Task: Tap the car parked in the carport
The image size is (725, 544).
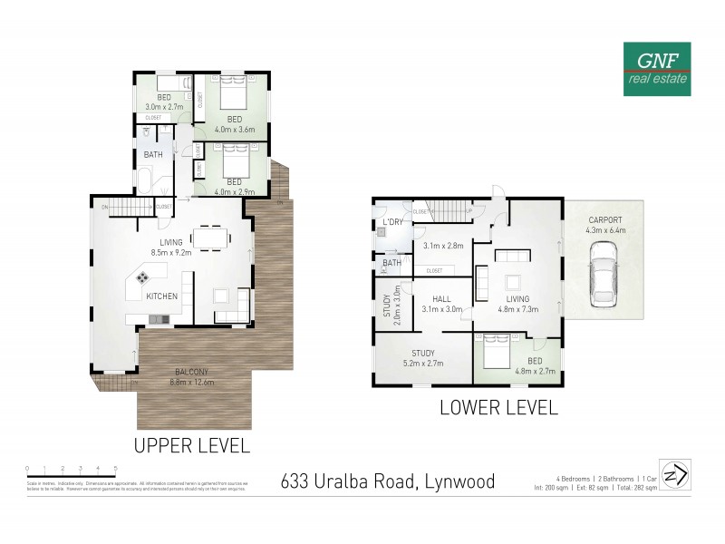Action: coord(603,280)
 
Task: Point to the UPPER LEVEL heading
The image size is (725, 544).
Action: coord(191,445)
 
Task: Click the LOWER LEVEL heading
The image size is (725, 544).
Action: coord(498,408)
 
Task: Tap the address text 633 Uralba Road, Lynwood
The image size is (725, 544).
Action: coord(388,481)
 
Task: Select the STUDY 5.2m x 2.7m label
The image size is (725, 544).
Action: coord(423,358)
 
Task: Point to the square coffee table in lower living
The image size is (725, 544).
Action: coord(513,281)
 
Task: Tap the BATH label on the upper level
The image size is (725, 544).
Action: coord(153,155)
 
